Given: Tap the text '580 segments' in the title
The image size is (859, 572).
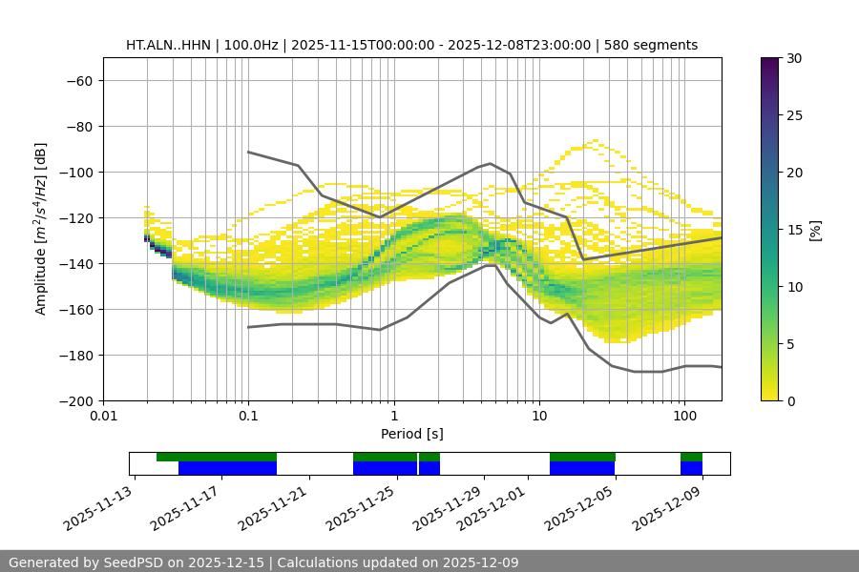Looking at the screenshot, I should click(x=651, y=45).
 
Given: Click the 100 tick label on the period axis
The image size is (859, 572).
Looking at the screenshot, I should click(x=683, y=417).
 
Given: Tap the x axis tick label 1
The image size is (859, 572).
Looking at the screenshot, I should click(x=393, y=417).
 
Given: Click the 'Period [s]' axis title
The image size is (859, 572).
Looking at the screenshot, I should click(x=411, y=434).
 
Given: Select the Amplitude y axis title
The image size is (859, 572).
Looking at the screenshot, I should click(x=41, y=229).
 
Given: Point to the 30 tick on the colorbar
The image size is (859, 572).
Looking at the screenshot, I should click(x=793, y=58).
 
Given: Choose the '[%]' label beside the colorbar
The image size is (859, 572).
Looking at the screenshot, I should click(x=815, y=230).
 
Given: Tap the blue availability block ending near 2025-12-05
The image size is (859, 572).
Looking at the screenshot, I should click(x=582, y=468).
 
